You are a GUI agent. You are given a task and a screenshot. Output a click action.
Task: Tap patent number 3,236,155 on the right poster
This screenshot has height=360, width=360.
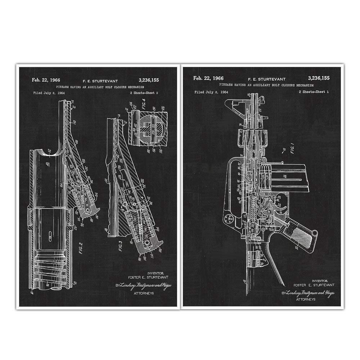(x=319, y=78)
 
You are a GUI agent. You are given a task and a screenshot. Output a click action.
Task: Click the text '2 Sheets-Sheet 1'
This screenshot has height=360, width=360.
(x=314, y=92)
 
